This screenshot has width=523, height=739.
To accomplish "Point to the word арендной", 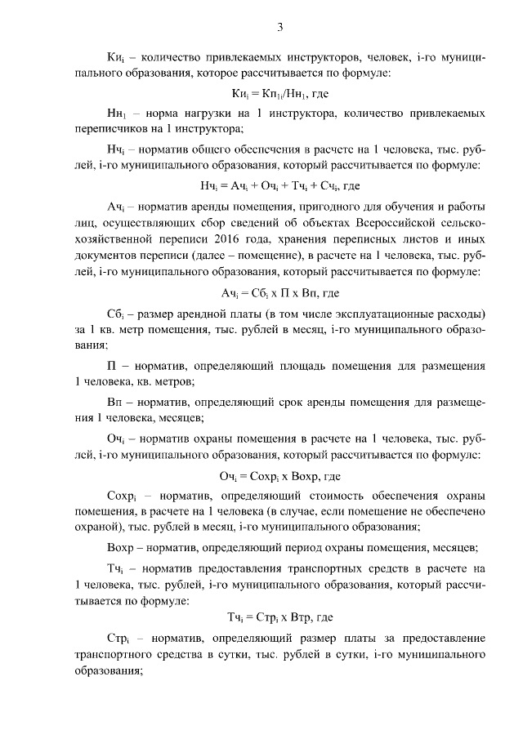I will coord(208,314).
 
